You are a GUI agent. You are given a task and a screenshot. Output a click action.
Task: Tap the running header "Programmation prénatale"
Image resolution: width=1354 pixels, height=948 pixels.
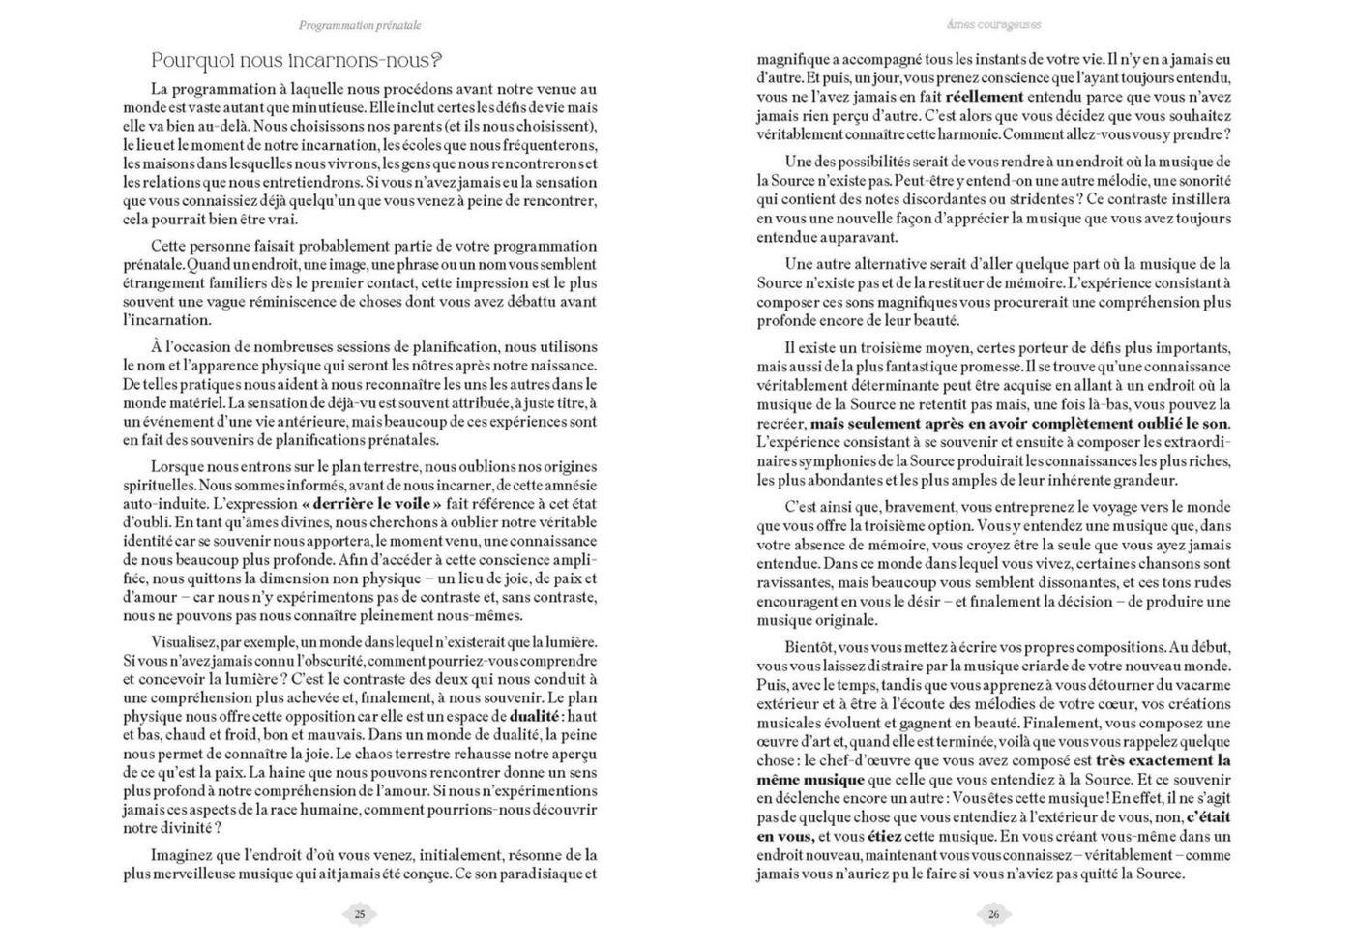[x=360, y=25]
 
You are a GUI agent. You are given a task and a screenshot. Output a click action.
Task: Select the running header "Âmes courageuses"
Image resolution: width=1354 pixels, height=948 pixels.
[x=994, y=25]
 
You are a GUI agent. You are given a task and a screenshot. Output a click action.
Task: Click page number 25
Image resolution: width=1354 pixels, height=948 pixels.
[x=360, y=914]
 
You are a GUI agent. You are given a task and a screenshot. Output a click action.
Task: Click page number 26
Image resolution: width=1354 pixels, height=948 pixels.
[x=994, y=914]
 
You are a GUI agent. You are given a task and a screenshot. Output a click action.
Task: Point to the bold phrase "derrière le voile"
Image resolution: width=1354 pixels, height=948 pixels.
[x=371, y=504]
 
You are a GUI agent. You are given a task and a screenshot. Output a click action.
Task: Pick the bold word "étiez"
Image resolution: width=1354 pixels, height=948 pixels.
[x=886, y=837]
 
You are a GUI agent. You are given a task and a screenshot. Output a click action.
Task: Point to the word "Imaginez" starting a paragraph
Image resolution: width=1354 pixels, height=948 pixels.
[x=180, y=855]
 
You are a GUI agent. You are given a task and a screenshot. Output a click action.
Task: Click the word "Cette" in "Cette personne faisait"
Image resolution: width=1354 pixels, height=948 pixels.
[x=167, y=246]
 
